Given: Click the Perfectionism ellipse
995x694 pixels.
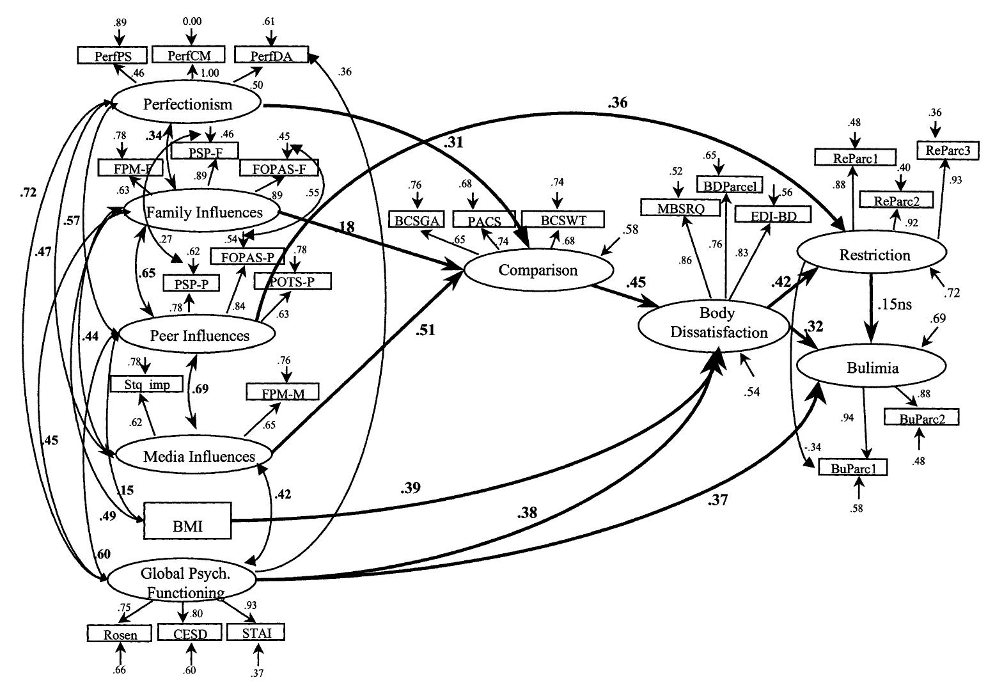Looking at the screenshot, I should click(x=187, y=104).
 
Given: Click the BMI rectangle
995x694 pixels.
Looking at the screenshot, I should click(x=187, y=521).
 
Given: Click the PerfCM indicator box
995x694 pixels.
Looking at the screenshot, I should click(x=189, y=56).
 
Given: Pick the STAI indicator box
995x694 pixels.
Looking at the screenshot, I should click(x=255, y=634).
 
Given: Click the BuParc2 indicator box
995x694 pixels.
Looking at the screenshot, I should click(x=921, y=418).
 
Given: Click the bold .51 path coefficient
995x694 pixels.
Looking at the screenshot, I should click(x=425, y=330).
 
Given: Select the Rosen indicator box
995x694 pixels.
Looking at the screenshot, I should click(x=120, y=635).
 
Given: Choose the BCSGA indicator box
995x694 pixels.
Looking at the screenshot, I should click(x=416, y=221).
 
